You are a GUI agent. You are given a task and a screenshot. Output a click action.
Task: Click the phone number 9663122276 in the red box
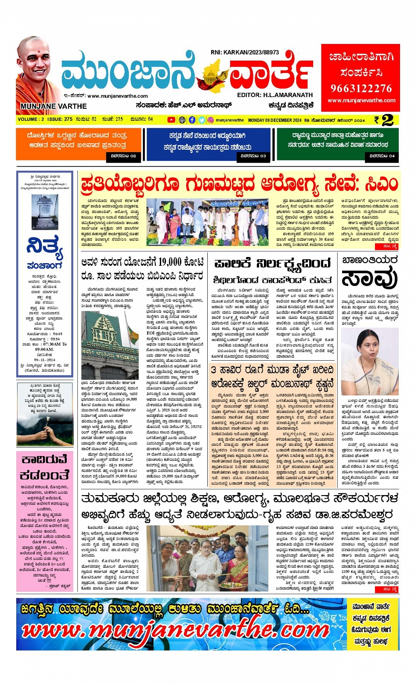click(361, 88)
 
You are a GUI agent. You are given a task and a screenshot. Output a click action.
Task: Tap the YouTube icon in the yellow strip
click(171, 120)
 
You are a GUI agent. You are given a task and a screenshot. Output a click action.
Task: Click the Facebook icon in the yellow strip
click(192, 120)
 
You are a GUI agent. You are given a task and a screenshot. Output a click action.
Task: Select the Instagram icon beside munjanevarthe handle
click(211, 120)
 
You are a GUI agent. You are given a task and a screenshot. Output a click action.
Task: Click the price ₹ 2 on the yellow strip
click(383, 119)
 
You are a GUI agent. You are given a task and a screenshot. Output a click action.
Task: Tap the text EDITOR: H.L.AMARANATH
click(274, 95)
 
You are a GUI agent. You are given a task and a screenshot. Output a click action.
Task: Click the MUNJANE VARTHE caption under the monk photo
click(54, 106)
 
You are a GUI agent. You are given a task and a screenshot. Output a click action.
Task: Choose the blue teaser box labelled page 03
click(208, 144)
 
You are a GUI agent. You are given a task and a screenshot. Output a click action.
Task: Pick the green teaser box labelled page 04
click(337, 144)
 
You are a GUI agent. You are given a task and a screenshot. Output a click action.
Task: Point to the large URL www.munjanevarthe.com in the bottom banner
click(176, 630)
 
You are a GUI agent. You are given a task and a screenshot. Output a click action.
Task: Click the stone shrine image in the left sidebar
click(44, 212)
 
